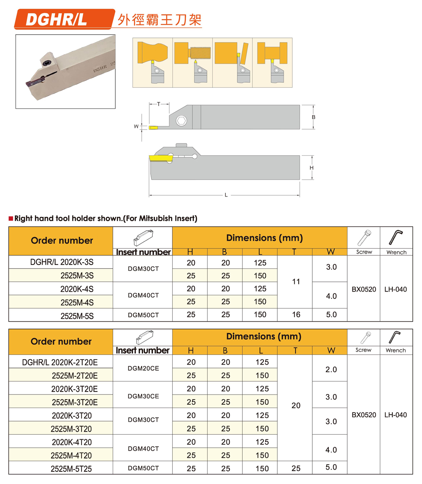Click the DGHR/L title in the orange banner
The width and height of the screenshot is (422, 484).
(56, 20)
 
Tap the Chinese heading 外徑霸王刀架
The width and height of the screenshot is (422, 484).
(159, 20)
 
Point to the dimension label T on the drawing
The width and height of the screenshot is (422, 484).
(158, 104)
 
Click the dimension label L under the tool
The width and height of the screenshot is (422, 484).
(226, 195)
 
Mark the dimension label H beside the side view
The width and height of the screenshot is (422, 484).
(311, 168)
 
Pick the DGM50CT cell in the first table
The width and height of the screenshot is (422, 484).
(143, 315)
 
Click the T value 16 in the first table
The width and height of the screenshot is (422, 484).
(295, 315)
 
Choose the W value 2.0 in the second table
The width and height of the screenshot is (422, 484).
(331, 369)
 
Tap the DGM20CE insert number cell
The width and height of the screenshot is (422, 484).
(143, 368)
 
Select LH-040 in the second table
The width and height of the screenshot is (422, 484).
(395, 415)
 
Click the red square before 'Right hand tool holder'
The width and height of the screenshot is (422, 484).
(11, 219)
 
